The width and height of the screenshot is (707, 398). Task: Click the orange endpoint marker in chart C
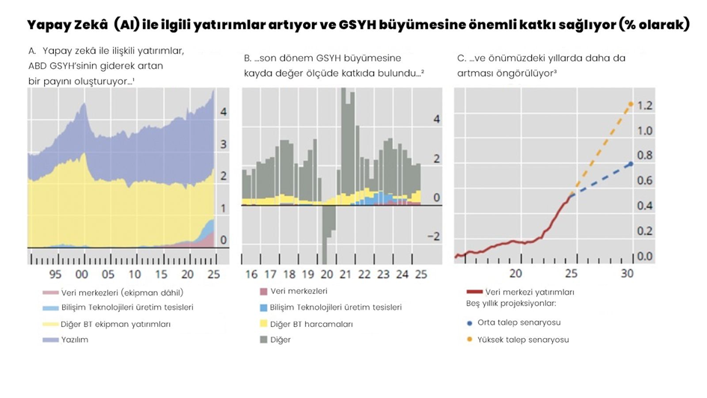point(631,104)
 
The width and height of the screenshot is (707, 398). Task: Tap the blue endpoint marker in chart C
point(631,164)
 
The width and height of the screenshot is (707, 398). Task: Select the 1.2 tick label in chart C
point(644,105)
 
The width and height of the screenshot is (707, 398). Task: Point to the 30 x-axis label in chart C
point(627,274)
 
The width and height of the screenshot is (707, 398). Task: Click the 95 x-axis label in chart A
point(55,275)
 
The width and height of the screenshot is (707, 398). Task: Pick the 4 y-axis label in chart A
point(223,112)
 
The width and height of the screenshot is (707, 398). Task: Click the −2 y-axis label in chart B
point(432,237)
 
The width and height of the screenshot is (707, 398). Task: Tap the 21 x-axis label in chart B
point(345,275)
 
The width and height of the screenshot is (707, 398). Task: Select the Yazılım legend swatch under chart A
point(50,340)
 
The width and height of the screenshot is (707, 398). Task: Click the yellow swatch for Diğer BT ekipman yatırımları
point(50,325)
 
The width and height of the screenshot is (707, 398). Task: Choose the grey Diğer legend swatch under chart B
point(263,340)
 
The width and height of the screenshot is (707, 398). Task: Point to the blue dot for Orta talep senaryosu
point(469,323)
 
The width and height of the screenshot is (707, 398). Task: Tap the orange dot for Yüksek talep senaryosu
point(469,340)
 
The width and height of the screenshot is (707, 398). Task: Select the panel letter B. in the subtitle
point(248,58)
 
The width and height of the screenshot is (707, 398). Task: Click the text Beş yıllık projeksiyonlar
point(511,304)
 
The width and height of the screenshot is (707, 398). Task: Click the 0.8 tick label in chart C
point(644,156)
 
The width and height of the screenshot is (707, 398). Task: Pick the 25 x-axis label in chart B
point(421,275)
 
